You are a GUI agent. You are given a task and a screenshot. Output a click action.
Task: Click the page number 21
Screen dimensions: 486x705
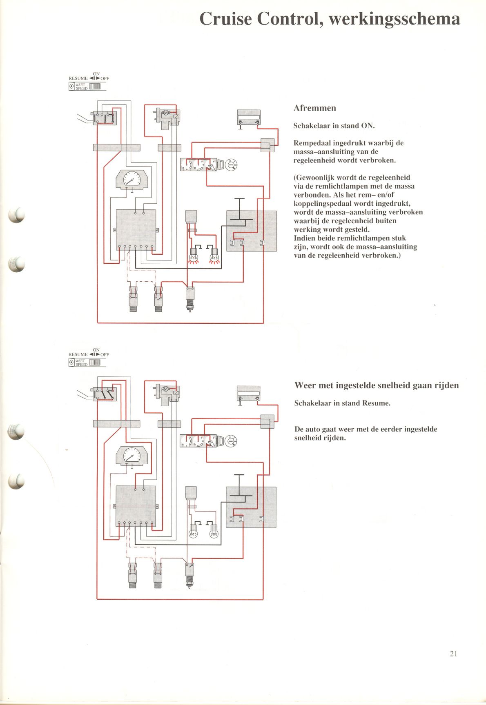(453, 654)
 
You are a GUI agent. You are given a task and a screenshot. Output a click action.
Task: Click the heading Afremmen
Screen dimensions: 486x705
(314, 108)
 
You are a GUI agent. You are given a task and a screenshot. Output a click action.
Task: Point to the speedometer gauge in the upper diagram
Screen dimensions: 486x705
(132, 180)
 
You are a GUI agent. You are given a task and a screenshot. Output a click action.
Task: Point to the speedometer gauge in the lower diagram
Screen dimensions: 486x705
(132, 456)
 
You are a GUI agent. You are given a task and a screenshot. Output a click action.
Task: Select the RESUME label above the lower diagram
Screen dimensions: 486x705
(78, 354)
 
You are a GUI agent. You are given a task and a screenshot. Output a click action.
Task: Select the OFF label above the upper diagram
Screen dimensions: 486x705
(105, 78)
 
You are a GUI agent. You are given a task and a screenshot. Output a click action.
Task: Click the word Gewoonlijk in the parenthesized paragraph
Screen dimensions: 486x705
(314, 178)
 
